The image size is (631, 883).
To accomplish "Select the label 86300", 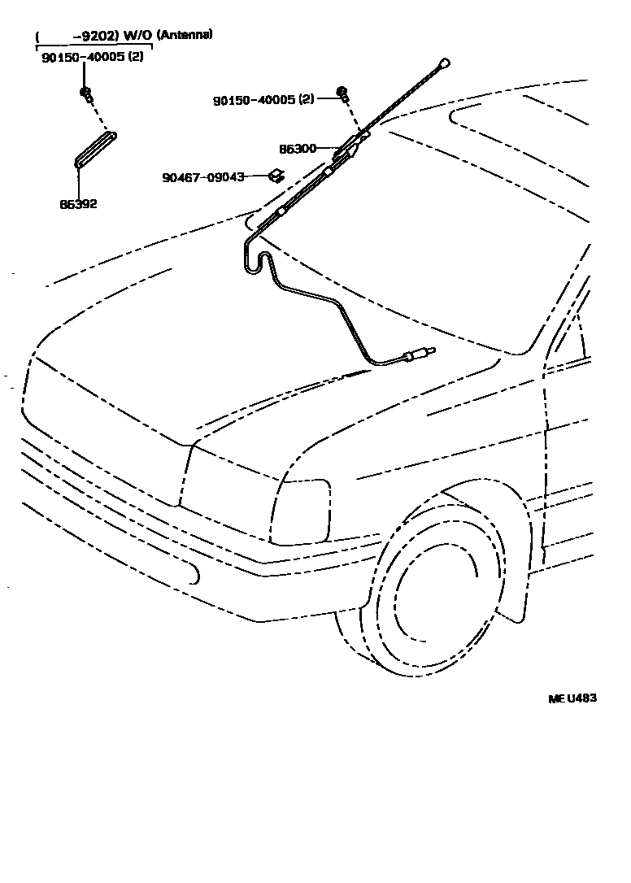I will (297, 150).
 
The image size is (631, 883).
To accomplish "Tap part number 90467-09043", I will (203, 176).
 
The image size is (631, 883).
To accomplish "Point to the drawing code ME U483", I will (571, 698).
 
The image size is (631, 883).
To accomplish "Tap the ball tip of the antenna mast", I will (444, 62).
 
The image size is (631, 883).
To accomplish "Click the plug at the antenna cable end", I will (418, 355).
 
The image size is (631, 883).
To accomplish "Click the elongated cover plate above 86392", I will (96, 150).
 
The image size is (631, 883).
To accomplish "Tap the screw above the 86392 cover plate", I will (85, 92).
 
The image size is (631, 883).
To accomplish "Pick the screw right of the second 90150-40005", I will (342, 94).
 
